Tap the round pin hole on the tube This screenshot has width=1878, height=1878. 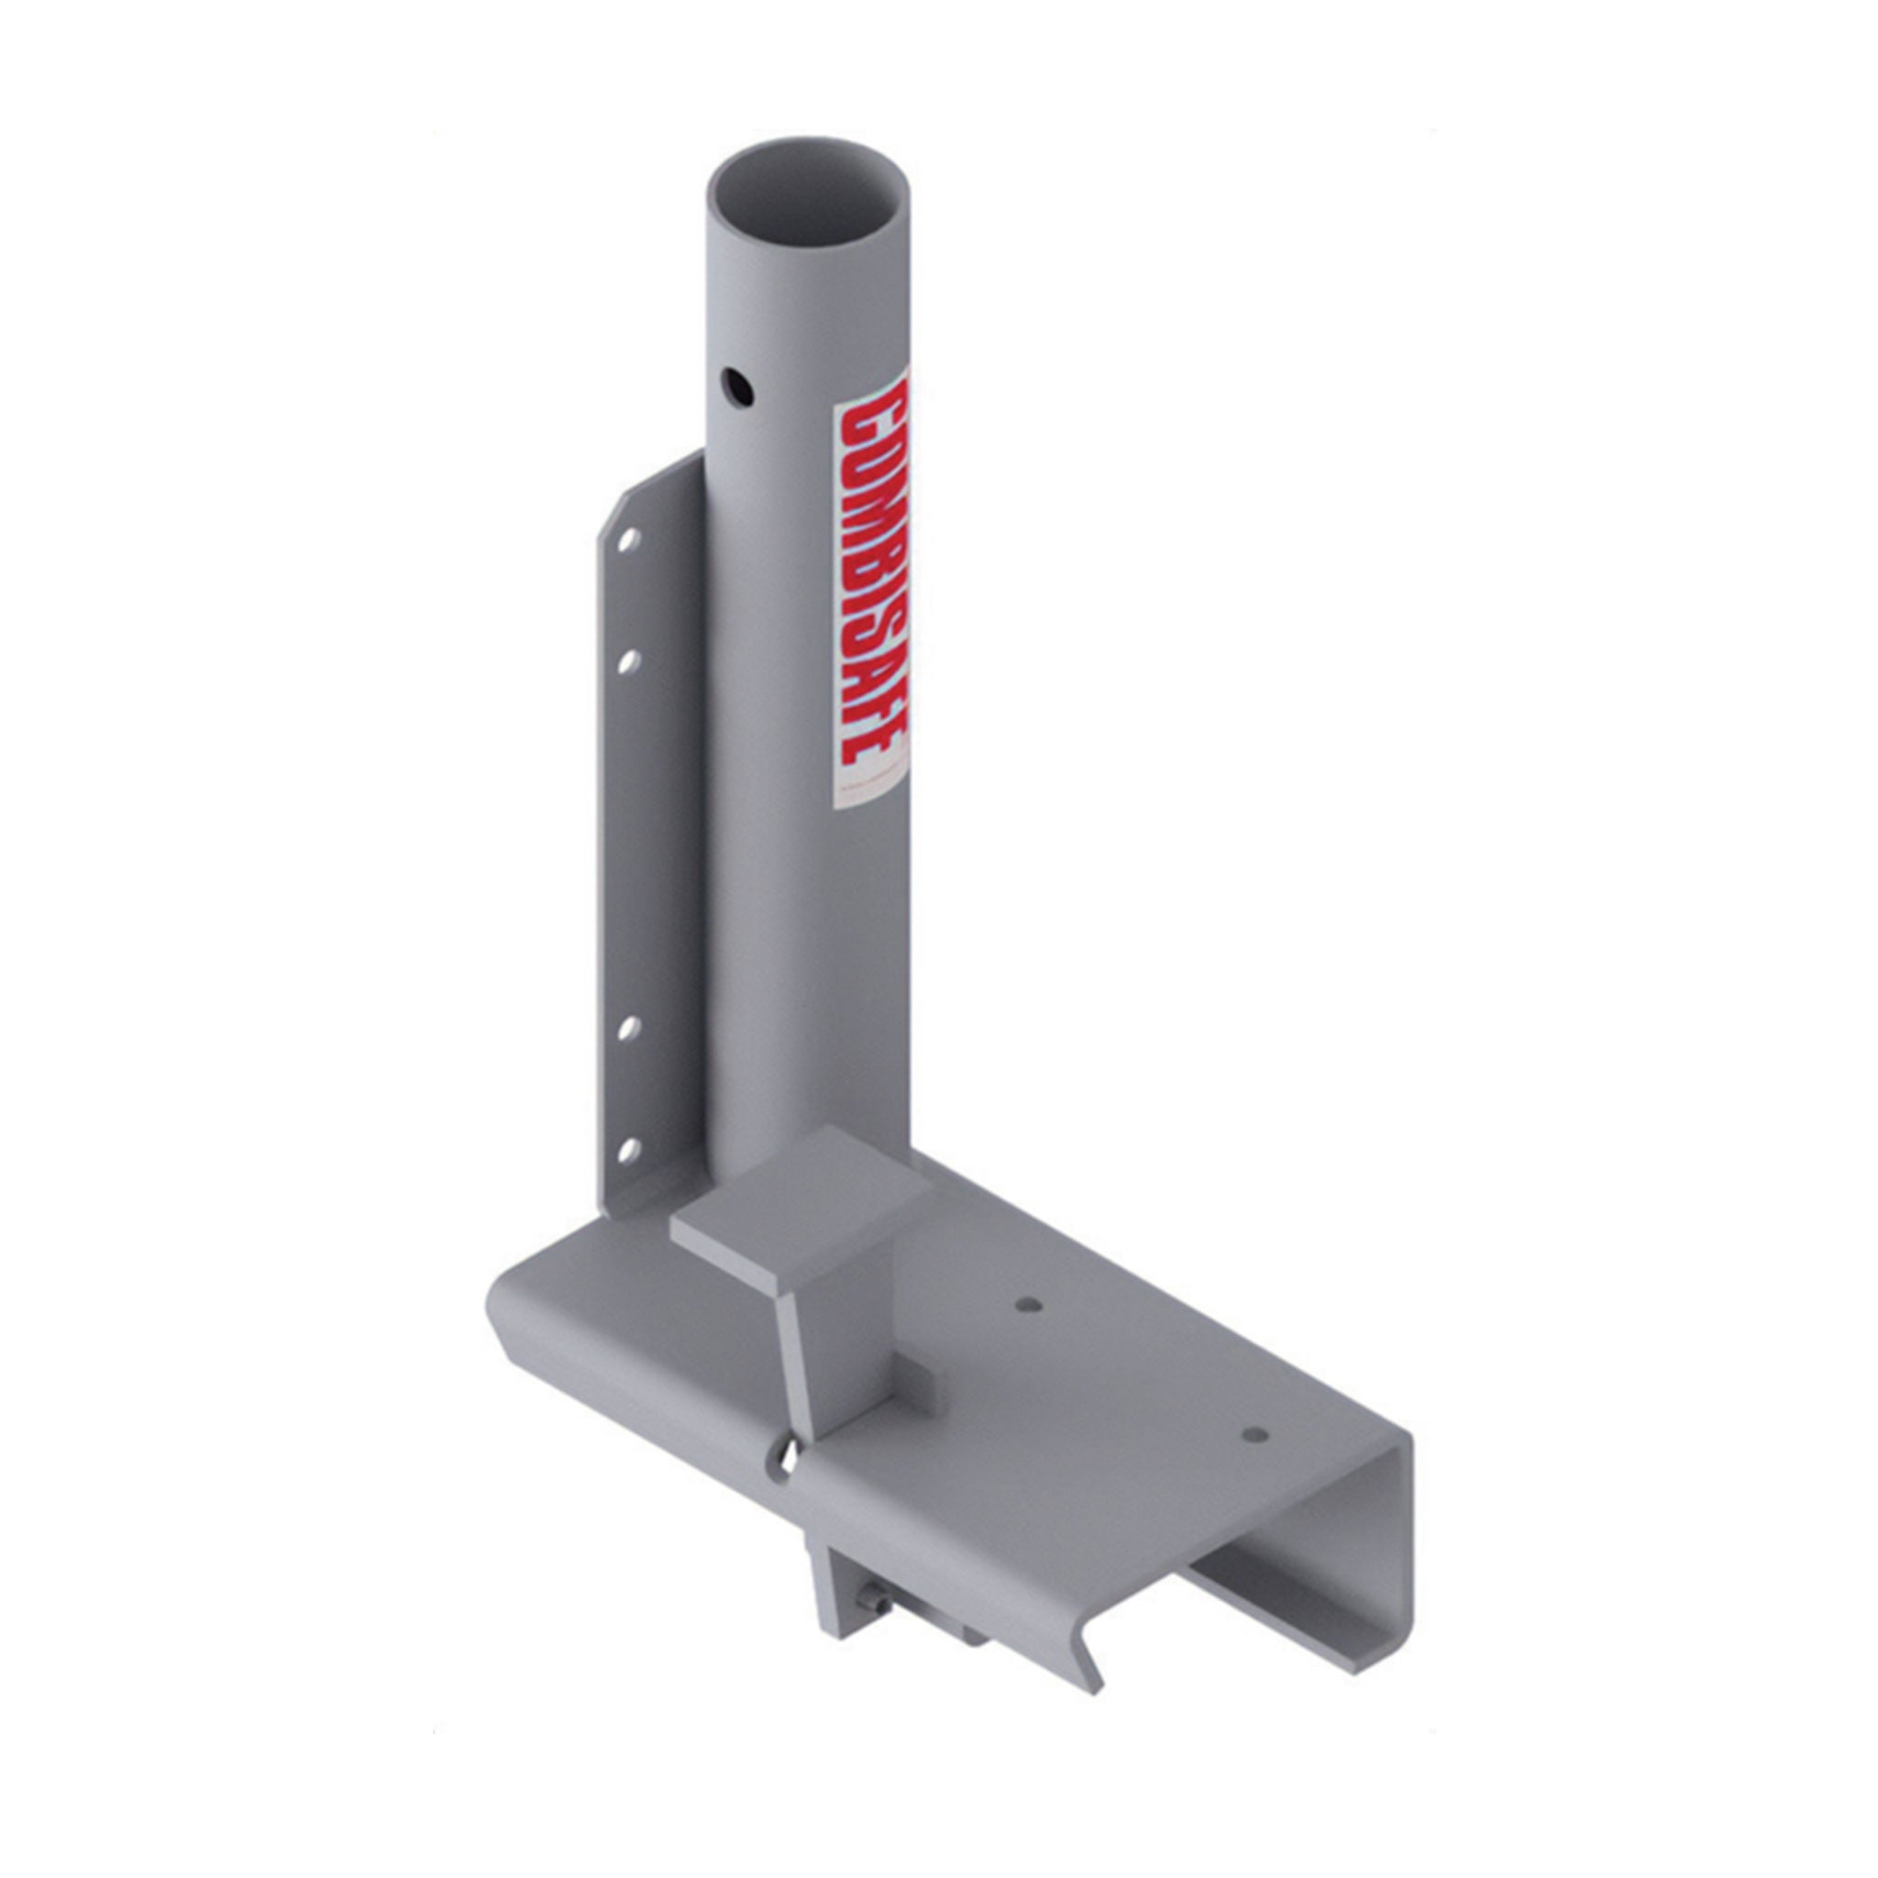tap(742, 389)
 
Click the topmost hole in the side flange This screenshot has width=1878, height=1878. tap(628, 537)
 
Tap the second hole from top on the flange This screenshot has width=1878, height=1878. tap(628, 661)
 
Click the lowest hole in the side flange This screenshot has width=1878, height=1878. tap(628, 1151)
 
